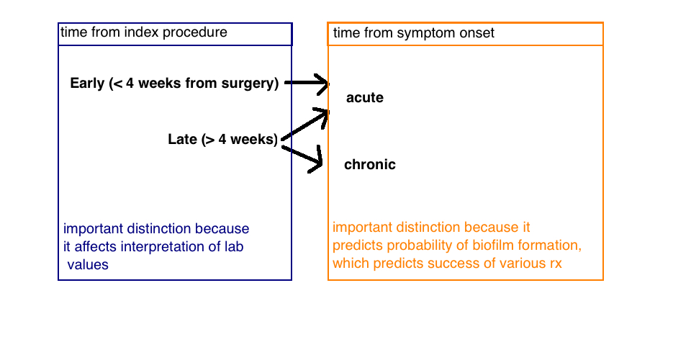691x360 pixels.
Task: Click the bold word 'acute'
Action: (x=364, y=97)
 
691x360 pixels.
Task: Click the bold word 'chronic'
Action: (x=370, y=164)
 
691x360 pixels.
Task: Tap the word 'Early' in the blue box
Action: (x=87, y=84)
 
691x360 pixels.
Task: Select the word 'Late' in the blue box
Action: (x=182, y=139)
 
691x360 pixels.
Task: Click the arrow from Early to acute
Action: (x=307, y=83)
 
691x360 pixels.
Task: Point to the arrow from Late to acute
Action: (x=305, y=125)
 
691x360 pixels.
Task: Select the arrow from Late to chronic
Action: (x=302, y=157)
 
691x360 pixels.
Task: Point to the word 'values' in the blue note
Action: (x=88, y=264)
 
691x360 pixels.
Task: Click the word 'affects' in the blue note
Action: (x=96, y=247)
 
